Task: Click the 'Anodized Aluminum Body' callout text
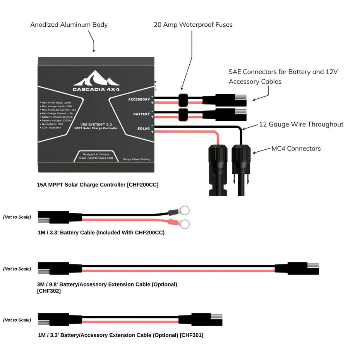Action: point(69,25)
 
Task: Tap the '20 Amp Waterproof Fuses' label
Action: point(193,25)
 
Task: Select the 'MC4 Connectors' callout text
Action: point(296,148)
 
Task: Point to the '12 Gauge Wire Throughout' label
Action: point(301,124)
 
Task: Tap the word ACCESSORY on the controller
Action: point(139,99)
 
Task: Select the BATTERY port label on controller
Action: point(141,114)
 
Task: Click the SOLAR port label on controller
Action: point(143,129)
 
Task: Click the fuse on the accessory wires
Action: point(183,99)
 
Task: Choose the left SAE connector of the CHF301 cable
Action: point(54,320)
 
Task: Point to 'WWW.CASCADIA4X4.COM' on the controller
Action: point(96,158)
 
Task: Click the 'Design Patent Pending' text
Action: point(136,159)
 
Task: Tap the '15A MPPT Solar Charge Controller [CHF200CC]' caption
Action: point(98,185)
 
